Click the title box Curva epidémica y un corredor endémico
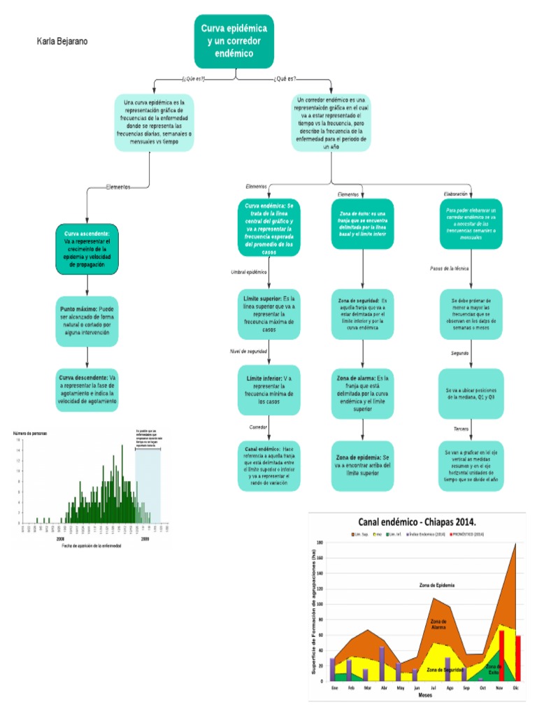click(x=234, y=41)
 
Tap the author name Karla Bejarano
click(x=62, y=42)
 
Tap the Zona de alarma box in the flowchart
click(x=362, y=393)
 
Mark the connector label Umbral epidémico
click(x=249, y=271)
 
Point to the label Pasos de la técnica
click(x=450, y=268)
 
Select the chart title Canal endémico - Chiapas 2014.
click(x=417, y=522)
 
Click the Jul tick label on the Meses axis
click(x=433, y=688)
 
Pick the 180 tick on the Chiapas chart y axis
click(x=320, y=543)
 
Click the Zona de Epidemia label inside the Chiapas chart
click(x=437, y=585)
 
